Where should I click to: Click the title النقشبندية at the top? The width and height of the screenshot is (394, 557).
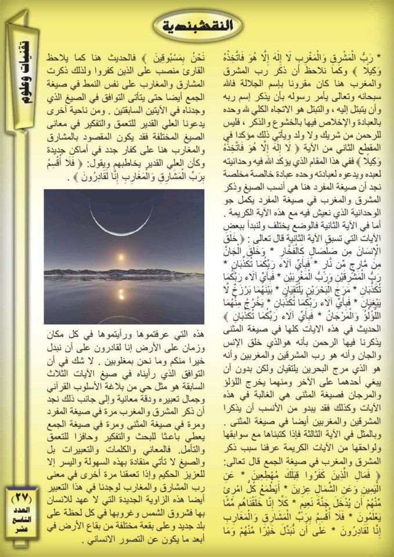pyautogui.click(x=198, y=25)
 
